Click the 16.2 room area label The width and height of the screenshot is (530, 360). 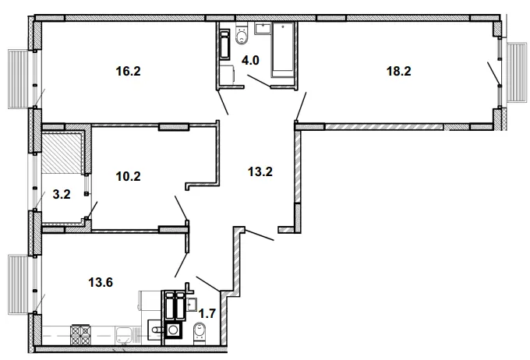[128, 71]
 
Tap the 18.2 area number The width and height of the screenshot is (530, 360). [399, 71]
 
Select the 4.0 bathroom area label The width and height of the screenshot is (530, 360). [250, 60]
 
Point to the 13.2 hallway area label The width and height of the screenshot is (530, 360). [260, 171]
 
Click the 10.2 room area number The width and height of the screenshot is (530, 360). [128, 176]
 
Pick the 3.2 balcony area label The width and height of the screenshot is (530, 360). [62, 194]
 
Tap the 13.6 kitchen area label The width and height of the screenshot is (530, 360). [101, 282]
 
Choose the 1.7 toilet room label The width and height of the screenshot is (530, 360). [207, 314]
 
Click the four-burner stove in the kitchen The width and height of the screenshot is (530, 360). [81, 334]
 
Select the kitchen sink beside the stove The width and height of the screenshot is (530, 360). [125, 334]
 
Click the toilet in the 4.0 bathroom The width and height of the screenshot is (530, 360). [242, 34]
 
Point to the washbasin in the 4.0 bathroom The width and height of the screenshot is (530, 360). [263, 28]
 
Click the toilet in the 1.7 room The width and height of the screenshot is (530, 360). [200, 334]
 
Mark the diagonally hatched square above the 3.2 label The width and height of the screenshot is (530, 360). [61, 153]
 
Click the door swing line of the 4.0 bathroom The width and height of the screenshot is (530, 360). [259, 81]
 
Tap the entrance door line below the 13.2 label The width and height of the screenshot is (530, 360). [260, 235]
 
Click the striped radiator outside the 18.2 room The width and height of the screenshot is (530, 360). [518, 72]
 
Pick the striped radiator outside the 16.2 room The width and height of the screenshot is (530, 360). [19, 79]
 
